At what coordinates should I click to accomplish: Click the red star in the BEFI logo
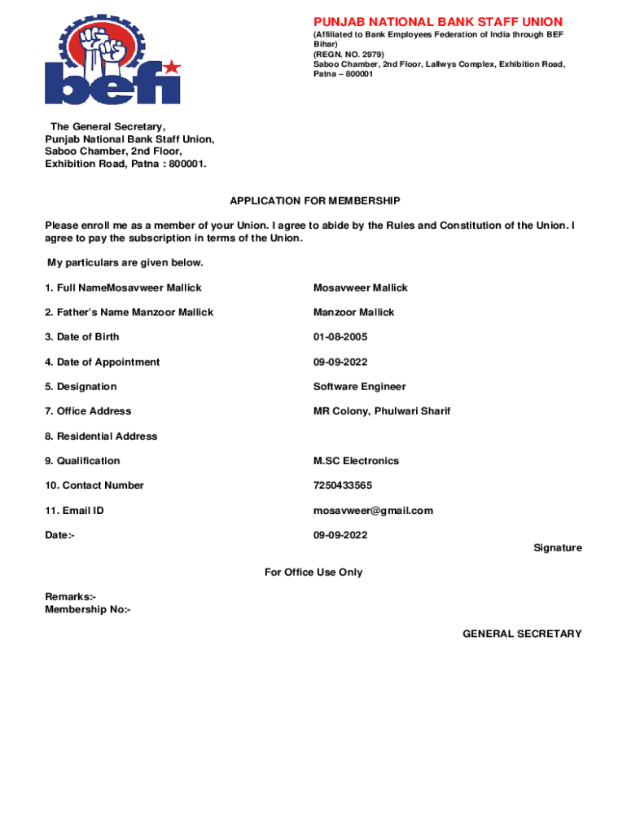coord(172,67)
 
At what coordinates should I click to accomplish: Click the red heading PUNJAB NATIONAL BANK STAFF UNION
coord(438,22)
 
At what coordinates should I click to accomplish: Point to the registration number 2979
coord(360,55)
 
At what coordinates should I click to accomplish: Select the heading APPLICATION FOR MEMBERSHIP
coord(315,200)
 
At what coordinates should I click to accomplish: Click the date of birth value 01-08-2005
coord(340,337)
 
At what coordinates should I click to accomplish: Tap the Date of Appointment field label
coord(103,362)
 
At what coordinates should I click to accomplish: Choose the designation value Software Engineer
coord(359,387)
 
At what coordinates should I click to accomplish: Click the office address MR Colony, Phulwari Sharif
coord(381,411)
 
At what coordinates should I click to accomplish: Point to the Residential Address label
coord(101,437)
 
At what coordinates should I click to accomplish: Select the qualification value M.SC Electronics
coord(356,461)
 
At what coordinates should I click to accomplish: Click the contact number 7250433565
coord(342,485)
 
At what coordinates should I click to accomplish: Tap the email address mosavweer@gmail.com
coord(373,511)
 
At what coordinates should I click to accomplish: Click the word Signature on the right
coord(557,548)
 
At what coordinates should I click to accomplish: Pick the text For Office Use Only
coord(313,573)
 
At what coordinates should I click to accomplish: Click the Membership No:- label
coord(87,609)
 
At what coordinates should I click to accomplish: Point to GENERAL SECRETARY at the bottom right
coord(522,634)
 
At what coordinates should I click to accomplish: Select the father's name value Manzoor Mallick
coord(353,313)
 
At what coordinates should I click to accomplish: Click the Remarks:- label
coord(71,597)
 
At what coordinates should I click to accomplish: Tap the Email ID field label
coord(74,511)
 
